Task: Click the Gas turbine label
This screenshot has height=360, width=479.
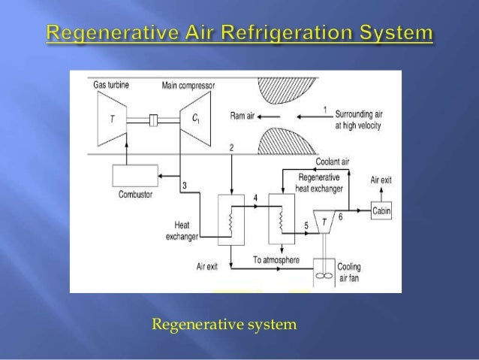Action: (x=110, y=85)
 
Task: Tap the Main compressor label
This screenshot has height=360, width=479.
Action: (x=188, y=85)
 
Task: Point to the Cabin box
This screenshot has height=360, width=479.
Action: (x=381, y=212)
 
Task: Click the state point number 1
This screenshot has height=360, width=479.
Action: (x=324, y=110)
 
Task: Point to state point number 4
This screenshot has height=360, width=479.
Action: (x=256, y=198)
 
